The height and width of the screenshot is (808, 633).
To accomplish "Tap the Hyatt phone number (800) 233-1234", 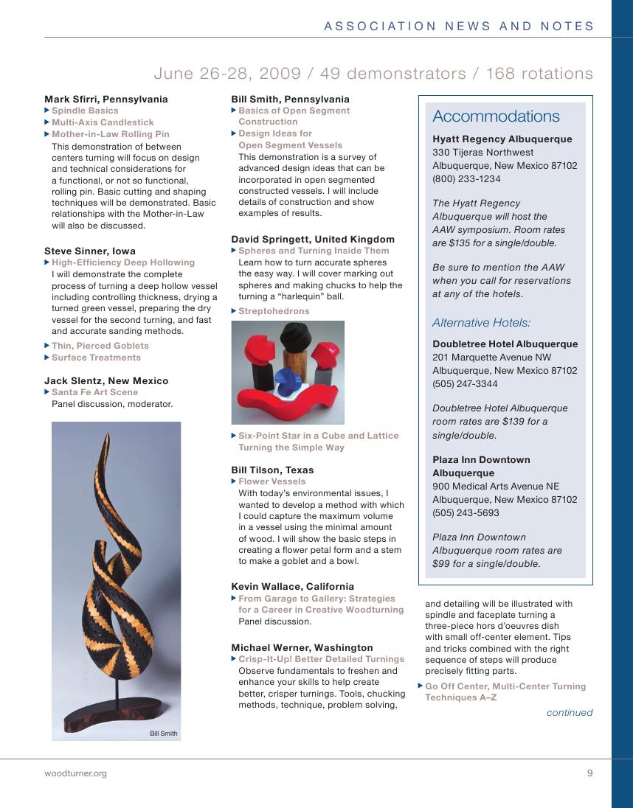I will pyautogui.click(x=466, y=179).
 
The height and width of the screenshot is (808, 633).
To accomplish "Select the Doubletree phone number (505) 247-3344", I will pyautogui.click(x=465, y=384).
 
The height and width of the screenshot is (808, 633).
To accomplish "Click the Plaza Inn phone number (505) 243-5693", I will pyautogui.click(x=466, y=513).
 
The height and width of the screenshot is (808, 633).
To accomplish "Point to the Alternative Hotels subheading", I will pyautogui.click(x=481, y=323).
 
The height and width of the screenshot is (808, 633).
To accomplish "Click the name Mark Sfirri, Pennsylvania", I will pyautogui.click(x=106, y=99).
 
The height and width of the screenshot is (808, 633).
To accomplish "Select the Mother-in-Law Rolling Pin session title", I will pyautogui.click(x=110, y=135).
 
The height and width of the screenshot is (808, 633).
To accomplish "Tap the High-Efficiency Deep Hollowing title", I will pyautogui.click(x=122, y=262).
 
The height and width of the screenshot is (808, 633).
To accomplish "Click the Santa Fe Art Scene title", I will pyautogui.click(x=94, y=392).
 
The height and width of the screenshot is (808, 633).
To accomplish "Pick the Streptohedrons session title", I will pyautogui.click(x=274, y=311).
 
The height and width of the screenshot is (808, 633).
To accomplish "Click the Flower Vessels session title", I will pyautogui.click(x=271, y=481).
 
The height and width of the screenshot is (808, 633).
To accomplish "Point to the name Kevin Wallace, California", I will pyautogui.click(x=292, y=587).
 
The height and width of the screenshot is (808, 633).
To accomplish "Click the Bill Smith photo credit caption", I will pyautogui.click(x=164, y=734).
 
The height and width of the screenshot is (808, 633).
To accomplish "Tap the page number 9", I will pyautogui.click(x=589, y=773).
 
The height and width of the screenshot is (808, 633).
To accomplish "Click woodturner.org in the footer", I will pyautogui.click(x=75, y=773).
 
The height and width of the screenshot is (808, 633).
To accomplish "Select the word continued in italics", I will pyautogui.click(x=570, y=713).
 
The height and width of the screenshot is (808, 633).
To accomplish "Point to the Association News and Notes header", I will pyautogui.click(x=459, y=27).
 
